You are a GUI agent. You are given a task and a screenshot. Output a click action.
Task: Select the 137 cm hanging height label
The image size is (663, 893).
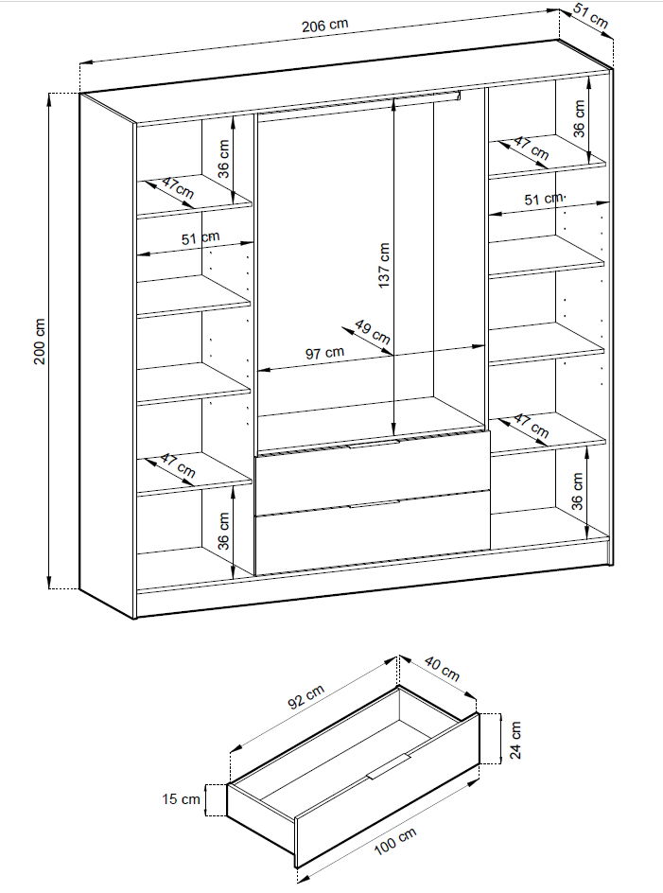383,268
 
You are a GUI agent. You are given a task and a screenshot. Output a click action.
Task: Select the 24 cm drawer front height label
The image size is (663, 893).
515,737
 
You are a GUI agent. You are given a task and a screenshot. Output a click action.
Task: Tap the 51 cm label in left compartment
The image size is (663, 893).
201,239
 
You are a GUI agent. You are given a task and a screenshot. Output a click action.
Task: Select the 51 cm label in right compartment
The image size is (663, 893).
545,199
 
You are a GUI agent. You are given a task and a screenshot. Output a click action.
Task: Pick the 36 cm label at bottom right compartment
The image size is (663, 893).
579,490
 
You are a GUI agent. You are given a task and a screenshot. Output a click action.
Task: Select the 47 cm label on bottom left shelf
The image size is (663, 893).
177,465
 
